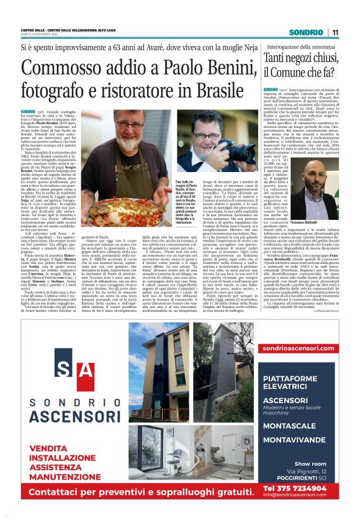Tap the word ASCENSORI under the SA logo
point(74,416)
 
